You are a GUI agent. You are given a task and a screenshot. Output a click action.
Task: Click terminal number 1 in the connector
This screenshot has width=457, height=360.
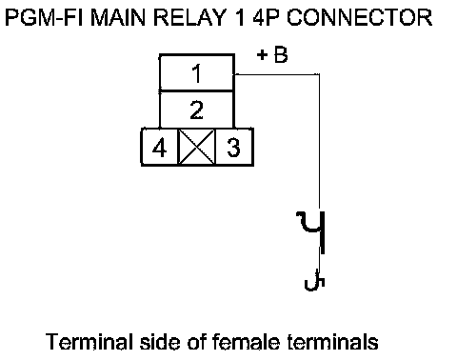tap(197, 73)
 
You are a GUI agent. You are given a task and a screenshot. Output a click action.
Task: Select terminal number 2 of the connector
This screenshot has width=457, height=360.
tap(197, 110)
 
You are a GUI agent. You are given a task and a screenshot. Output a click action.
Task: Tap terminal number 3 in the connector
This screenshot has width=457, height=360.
tap(234, 148)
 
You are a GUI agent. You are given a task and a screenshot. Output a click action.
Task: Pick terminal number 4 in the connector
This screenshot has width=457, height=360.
tap(159, 148)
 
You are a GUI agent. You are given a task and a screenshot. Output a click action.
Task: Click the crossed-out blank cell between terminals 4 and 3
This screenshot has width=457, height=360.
tap(197, 148)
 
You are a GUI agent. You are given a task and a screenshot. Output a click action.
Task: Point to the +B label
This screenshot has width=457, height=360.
tap(272, 55)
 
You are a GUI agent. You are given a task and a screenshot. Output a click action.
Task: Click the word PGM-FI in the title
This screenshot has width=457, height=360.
tap(45, 17)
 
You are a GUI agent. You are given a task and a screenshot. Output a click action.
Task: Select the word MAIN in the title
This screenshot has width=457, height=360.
tap(119, 17)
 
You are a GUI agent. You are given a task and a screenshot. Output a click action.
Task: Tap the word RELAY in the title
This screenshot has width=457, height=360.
tap(189, 17)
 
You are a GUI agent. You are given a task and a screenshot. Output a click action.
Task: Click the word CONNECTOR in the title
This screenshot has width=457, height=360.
tap(360, 17)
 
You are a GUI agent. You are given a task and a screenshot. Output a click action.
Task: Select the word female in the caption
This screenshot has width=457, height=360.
tap(246, 342)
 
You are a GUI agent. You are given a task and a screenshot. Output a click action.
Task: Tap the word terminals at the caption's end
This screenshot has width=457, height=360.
tap(333, 342)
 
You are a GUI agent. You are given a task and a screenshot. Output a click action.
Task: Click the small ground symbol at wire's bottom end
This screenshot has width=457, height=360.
tap(315, 280)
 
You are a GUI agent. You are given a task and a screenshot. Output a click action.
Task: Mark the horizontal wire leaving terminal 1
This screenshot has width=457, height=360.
tap(277, 74)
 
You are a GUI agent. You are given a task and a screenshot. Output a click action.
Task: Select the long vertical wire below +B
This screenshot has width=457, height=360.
tap(319, 143)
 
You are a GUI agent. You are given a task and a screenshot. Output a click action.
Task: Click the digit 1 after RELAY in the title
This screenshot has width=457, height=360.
tap(240, 17)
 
